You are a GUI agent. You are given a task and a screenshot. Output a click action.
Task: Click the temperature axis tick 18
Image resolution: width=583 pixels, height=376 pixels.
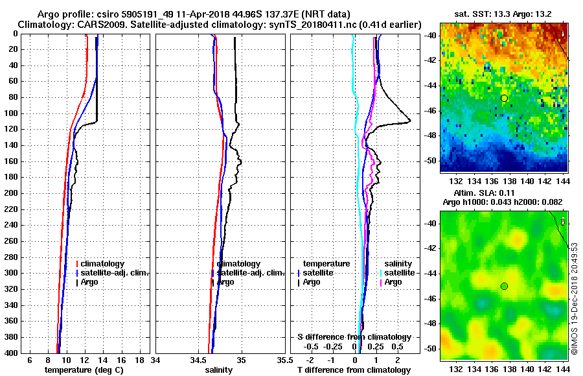point(139,360)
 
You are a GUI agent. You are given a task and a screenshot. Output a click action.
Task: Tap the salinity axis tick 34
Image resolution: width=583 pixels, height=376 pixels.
point(155,360)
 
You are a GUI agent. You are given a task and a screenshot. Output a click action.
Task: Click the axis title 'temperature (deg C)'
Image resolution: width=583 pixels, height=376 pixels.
point(84,370)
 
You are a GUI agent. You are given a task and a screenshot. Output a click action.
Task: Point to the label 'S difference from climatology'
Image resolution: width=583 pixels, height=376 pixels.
point(354,337)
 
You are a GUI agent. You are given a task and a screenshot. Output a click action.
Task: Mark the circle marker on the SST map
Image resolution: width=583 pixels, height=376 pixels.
point(504,98)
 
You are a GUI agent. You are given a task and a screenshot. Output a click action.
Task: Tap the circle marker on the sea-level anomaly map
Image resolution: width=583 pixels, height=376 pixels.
point(504,286)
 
